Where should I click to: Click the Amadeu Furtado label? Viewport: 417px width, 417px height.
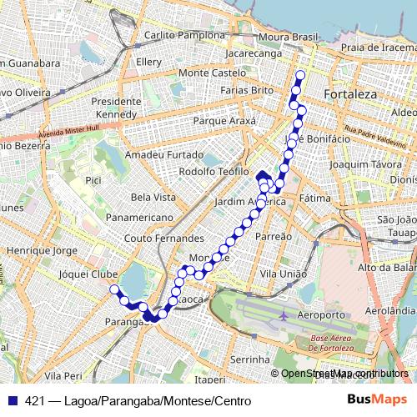click(x=163, y=155)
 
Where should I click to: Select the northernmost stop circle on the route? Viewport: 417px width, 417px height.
click(x=299, y=76)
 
